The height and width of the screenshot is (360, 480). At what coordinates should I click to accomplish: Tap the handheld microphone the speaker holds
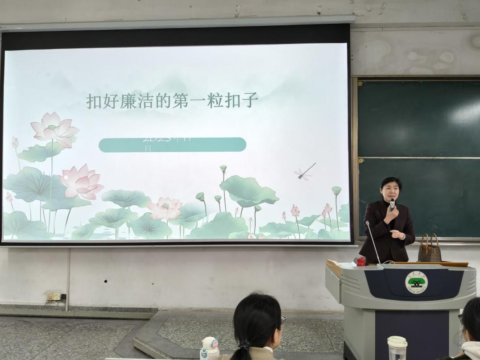392,204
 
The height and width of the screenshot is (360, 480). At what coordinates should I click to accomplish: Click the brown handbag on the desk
429,250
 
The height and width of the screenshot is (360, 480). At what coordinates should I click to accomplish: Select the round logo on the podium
416,282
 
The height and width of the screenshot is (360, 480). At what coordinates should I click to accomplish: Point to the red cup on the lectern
361,261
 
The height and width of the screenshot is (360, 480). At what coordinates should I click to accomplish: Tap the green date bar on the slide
172,145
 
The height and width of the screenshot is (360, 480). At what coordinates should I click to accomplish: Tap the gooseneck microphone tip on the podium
368,223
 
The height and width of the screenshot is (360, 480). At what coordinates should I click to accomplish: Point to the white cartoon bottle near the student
210,348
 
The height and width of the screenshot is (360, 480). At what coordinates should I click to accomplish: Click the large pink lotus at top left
54,129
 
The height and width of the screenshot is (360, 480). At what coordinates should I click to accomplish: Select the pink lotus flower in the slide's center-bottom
166,208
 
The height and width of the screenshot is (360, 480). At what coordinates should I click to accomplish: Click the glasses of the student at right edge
461,319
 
